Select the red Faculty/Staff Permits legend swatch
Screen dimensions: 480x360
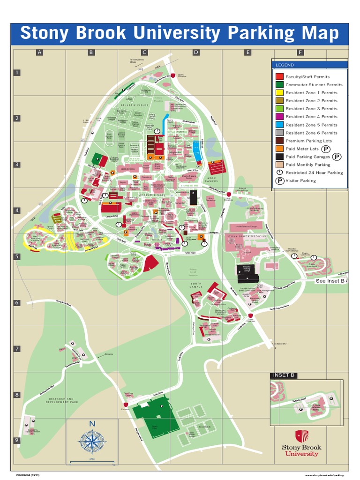(x=279, y=76)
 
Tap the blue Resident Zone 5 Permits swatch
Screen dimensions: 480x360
(x=279, y=125)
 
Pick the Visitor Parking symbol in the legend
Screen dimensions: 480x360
(x=279, y=180)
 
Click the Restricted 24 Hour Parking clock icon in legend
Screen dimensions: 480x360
(x=279, y=172)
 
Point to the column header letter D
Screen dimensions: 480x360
(x=196, y=52)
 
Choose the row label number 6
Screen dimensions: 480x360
(x=17, y=302)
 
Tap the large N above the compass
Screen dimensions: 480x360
(x=92, y=424)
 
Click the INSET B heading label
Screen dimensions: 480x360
(x=283, y=375)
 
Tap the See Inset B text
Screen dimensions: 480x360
(x=330, y=281)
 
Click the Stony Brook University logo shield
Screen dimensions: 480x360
(x=301, y=436)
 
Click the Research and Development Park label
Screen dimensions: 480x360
(x=60, y=401)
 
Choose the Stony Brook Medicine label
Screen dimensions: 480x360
(x=247, y=237)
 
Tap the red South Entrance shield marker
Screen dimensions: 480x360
(x=251, y=315)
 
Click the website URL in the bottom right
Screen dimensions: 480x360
(x=327, y=474)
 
